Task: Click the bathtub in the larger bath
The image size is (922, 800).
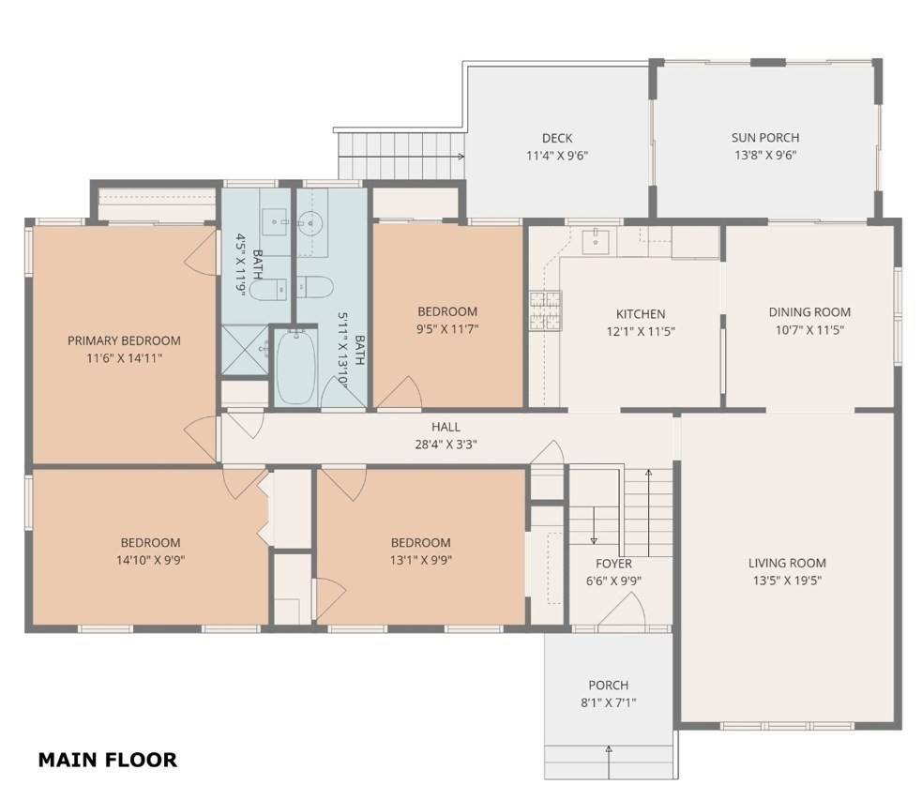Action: tap(296, 367)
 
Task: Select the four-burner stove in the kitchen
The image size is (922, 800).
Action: tap(545, 311)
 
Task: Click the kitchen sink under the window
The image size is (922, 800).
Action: tap(596, 241)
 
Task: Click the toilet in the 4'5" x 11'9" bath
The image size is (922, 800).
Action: tap(271, 289)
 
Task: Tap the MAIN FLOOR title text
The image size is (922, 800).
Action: tap(107, 760)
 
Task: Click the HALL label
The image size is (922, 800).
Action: tap(446, 428)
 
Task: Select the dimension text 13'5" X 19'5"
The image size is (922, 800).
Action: tap(787, 581)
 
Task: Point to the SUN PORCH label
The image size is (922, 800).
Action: tap(765, 138)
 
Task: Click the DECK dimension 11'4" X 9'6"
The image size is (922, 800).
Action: tap(556, 156)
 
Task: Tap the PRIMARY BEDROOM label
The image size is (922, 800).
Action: tap(124, 340)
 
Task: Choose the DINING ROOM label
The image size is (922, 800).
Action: tap(809, 312)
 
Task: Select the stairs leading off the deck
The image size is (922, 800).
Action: tap(401, 155)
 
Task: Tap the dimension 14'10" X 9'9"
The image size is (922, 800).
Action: tap(150, 560)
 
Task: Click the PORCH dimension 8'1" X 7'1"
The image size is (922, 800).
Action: tap(609, 702)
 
